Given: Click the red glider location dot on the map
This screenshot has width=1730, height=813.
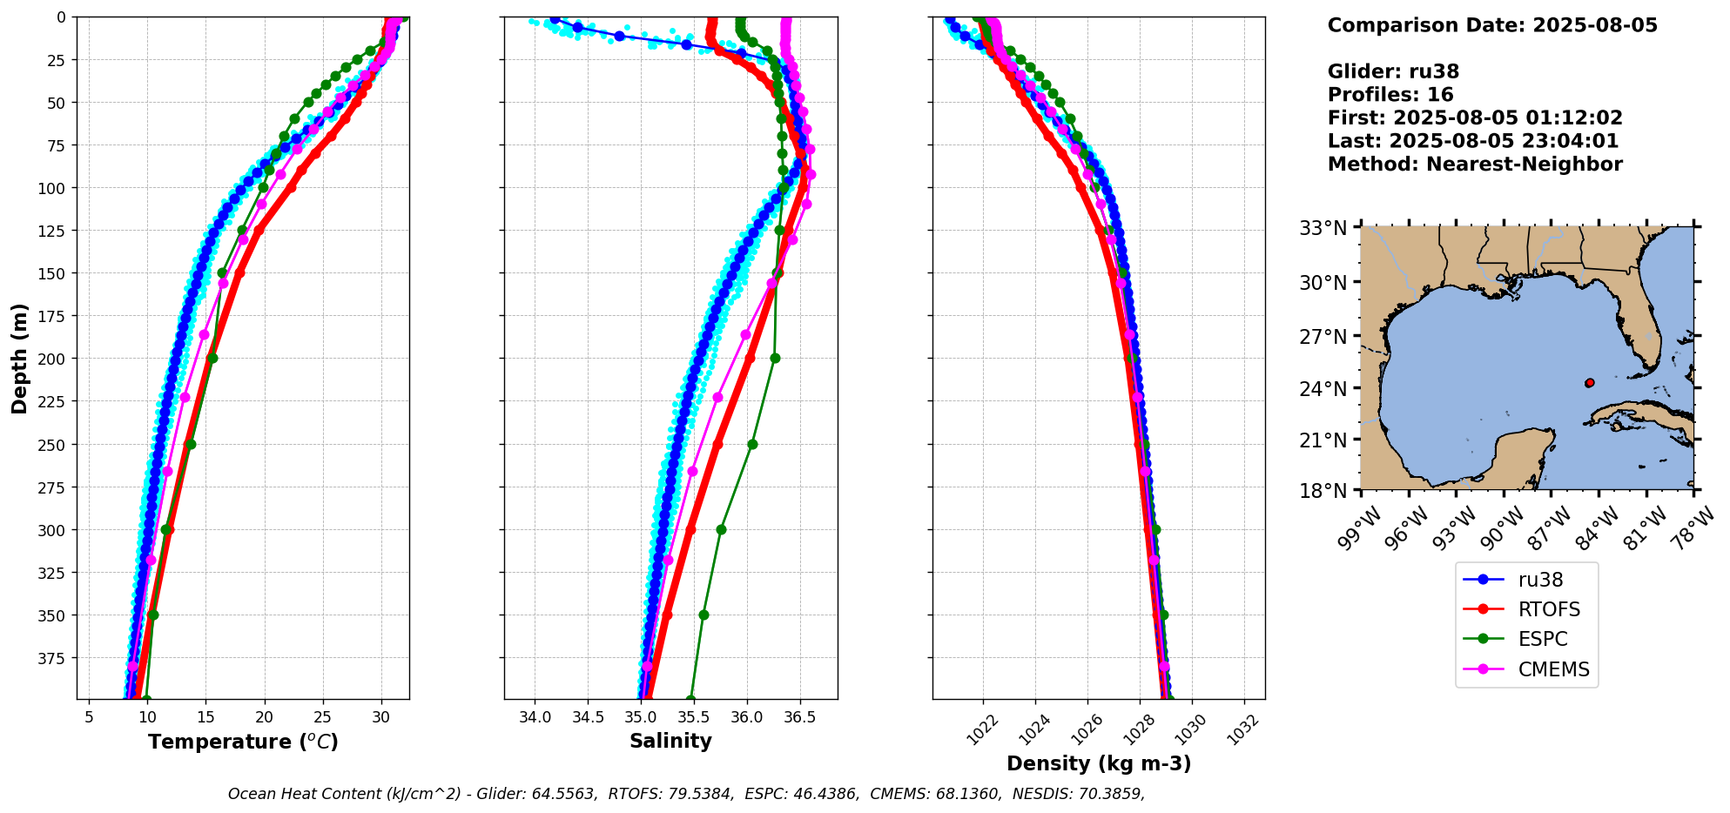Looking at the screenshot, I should pos(1589,383).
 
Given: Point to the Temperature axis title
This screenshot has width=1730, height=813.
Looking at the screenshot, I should pos(243,742).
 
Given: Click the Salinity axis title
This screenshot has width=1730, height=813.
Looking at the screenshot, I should pos(670,741).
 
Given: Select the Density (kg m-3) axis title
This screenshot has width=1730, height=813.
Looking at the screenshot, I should pos(1099,763).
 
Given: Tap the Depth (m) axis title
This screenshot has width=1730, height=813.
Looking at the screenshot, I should pos(19,359).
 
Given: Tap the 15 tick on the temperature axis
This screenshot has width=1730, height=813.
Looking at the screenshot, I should pos(205,717).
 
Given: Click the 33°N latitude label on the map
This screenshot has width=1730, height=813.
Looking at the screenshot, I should pos(1323,228).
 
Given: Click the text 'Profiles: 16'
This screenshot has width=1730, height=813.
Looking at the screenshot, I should pos(1390,95).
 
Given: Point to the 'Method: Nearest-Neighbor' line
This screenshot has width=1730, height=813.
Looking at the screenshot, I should pos(1475,165).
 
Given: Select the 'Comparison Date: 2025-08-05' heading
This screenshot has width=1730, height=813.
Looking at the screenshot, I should pos(1492,25).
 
